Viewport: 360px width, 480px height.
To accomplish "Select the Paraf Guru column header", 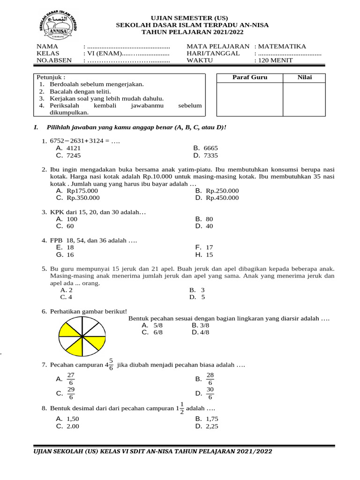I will (250, 77).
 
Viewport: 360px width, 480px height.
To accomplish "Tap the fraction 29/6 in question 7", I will (71, 393).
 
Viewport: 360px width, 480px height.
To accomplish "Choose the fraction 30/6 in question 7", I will (210, 393).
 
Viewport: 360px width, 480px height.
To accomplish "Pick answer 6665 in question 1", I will (211, 148).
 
